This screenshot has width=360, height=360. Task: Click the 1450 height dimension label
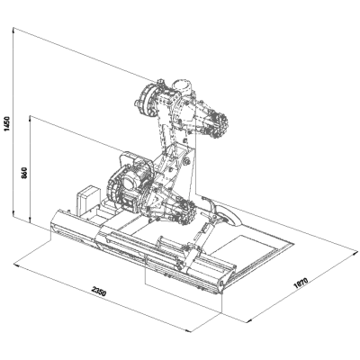pyautogui.click(x=7, y=123)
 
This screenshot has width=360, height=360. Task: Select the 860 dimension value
pyautogui.click(x=24, y=173)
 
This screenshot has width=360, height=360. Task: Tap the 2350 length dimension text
pyautogui.click(x=99, y=292)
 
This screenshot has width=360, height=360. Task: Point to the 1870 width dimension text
pyautogui.click(x=301, y=283)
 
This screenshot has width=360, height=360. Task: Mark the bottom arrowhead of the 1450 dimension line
pyautogui.click(x=13, y=213)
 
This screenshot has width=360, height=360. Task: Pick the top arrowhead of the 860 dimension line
pyautogui.click(x=31, y=118)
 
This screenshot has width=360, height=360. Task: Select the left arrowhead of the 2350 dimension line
pyautogui.click(x=16, y=265)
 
